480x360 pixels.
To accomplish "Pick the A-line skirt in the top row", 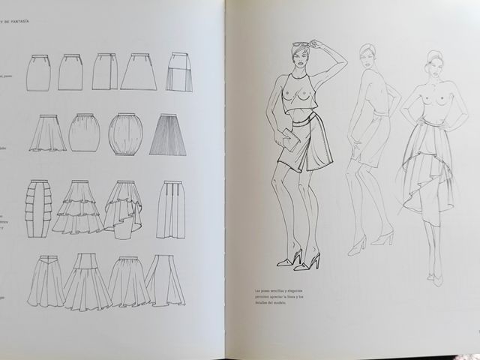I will tap(138, 73).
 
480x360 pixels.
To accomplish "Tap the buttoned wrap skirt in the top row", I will tap(105, 72).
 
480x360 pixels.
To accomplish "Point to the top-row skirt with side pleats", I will tap(179, 72).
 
